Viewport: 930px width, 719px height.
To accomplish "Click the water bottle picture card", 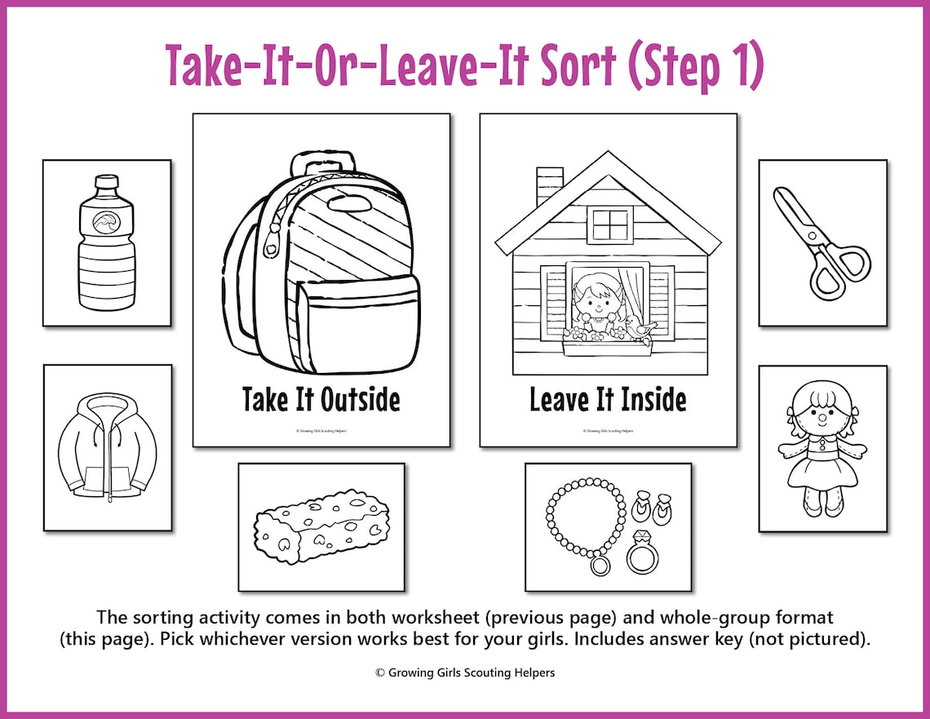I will [107, 242].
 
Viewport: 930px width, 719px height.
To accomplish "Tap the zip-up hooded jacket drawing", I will [107, 447].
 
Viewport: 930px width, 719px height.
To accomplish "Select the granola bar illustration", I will [321, 526].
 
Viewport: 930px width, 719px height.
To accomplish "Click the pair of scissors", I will [821, 242].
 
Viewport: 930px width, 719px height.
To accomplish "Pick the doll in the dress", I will [821, 449].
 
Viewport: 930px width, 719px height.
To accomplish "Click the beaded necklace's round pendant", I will [600, 564].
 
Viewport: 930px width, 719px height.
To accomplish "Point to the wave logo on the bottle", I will [107, 223].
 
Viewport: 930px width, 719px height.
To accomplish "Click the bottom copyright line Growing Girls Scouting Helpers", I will [465, 672].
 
